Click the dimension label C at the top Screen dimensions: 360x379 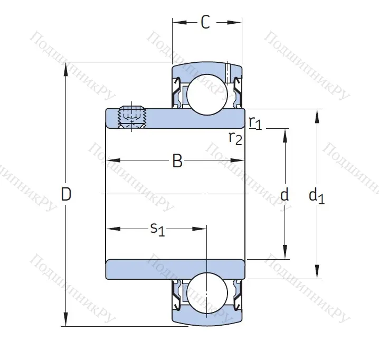coord(205,22)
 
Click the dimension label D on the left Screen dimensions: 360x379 coord(66,195)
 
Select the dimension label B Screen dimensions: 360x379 coord(177,161)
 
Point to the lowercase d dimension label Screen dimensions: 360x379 coord(285,195)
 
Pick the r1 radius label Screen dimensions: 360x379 coord(255,122)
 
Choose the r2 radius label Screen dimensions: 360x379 coord(235,138)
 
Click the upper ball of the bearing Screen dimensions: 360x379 coord(206,95)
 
